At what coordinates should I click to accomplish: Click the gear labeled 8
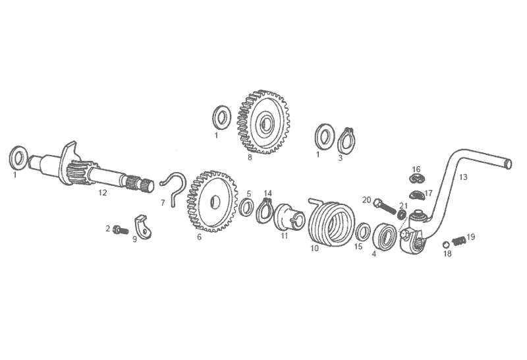pyautogui.click(x=264, y=122)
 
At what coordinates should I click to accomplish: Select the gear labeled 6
pyautogui.click(x=211, y=201)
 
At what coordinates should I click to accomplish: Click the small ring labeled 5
pyautogui.click(x=246, y=208)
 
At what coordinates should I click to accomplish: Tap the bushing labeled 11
pyautogui.click(x=289, y=218)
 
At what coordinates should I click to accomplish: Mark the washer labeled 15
pyautogui.click(x=362, y=231)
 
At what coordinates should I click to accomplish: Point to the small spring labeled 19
pyautogui.click(x=458, y=240)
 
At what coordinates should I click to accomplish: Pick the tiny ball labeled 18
pyautogui.click(x=446, y=244)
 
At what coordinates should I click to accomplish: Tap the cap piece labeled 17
pyautogui.click(x=417, y=195)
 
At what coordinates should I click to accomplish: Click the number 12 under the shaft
pyautogui.click(x=103, y=193)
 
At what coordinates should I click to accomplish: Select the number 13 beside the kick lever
pyautogui.click(x=463, y=177)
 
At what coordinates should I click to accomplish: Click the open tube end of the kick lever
pyautogui.click(x=508, y=164)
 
